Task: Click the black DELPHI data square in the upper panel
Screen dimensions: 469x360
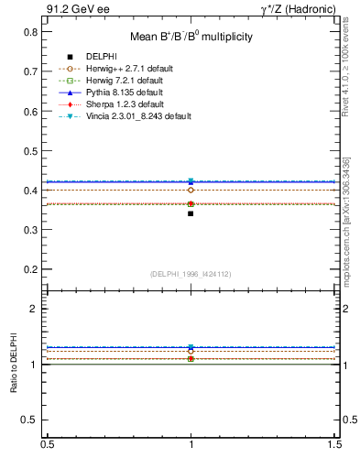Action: pyautogui.click(x=191, y=213)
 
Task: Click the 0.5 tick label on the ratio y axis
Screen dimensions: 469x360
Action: pyautogui.click(x=32, y=420)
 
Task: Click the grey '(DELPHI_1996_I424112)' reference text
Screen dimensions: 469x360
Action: pyautogui.click(x=191, y=273)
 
